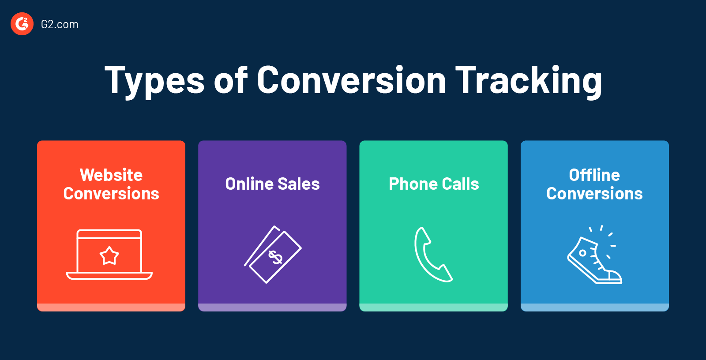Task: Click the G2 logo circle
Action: (22, 24)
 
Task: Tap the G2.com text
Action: (60, 24)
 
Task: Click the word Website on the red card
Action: (111, 175)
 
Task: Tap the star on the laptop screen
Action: (109, 255)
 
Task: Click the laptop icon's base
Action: (109, 276)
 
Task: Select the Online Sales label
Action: (272, 184)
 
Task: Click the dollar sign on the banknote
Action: (275, 257)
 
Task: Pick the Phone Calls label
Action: (434, 184)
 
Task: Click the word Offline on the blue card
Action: (594, 175)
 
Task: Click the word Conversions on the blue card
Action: (594, 194)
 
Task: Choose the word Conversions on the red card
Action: (111, 194)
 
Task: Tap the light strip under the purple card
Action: (272, 307)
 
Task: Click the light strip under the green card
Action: (433, 307)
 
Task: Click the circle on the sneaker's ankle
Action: (583, 253)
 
